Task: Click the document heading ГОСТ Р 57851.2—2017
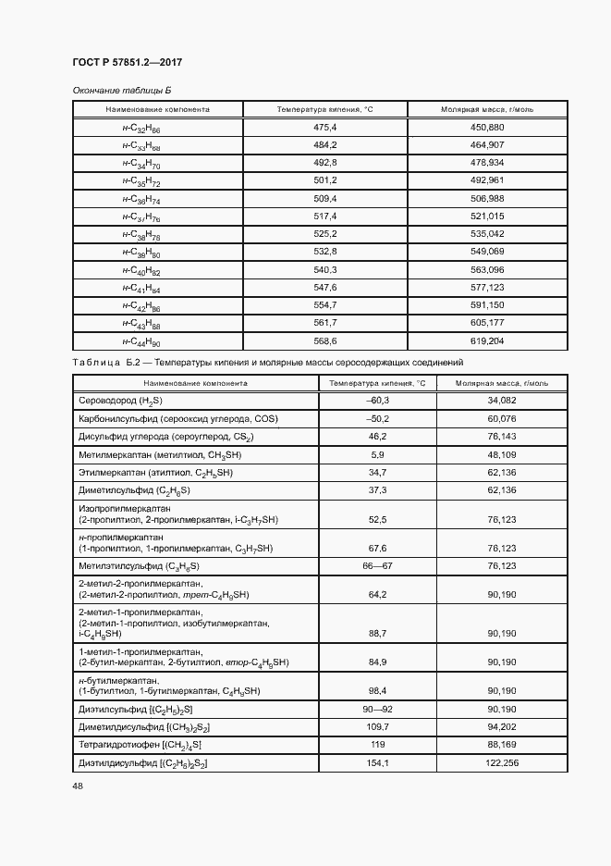(127, 63)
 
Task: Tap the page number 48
(78, 786)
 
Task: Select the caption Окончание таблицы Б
(122, 90)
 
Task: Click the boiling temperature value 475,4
(325, 127)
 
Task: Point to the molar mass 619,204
(487, 341)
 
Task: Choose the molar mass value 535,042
(487, 234)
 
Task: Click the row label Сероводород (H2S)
(121, 401)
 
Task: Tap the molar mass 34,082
(500, 401)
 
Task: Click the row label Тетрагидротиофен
(141, 744)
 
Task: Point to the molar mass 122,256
(500, 762)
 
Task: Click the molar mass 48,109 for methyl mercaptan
(500, 454)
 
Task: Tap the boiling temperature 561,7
(325, 324)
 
